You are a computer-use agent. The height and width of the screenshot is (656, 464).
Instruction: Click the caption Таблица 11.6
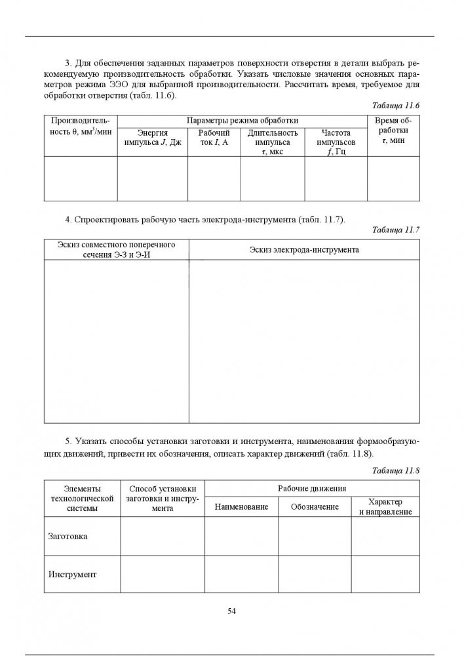(395, 106)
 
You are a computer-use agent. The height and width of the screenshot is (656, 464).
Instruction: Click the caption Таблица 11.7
(395, 230)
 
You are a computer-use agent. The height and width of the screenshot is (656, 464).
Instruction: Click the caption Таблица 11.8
(395, 470)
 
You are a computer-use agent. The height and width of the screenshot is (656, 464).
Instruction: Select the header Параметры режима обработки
(242, 121)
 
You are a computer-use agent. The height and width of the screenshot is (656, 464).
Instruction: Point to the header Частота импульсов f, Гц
(336, 142)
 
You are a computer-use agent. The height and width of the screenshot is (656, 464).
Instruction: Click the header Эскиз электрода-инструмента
(304, 250)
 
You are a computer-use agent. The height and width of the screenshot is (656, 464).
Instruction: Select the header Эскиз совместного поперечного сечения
(116, 249)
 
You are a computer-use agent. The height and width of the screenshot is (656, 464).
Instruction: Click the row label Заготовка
(68, 537)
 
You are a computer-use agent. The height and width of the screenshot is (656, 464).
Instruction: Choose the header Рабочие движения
(312, 489)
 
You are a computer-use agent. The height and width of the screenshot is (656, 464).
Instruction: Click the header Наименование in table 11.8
(242, 507)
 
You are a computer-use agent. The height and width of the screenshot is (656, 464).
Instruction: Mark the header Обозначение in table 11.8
(315, 507)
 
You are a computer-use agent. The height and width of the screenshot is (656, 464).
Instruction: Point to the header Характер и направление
(385, 506)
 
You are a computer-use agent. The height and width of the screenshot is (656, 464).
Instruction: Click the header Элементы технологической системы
(82, 498)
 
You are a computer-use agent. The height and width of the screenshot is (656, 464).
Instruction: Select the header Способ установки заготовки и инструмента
(163, 498)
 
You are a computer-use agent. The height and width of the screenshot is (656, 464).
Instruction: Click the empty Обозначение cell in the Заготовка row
(315, 537)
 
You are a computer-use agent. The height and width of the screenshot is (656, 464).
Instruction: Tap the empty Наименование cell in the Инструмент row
(242, 574)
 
